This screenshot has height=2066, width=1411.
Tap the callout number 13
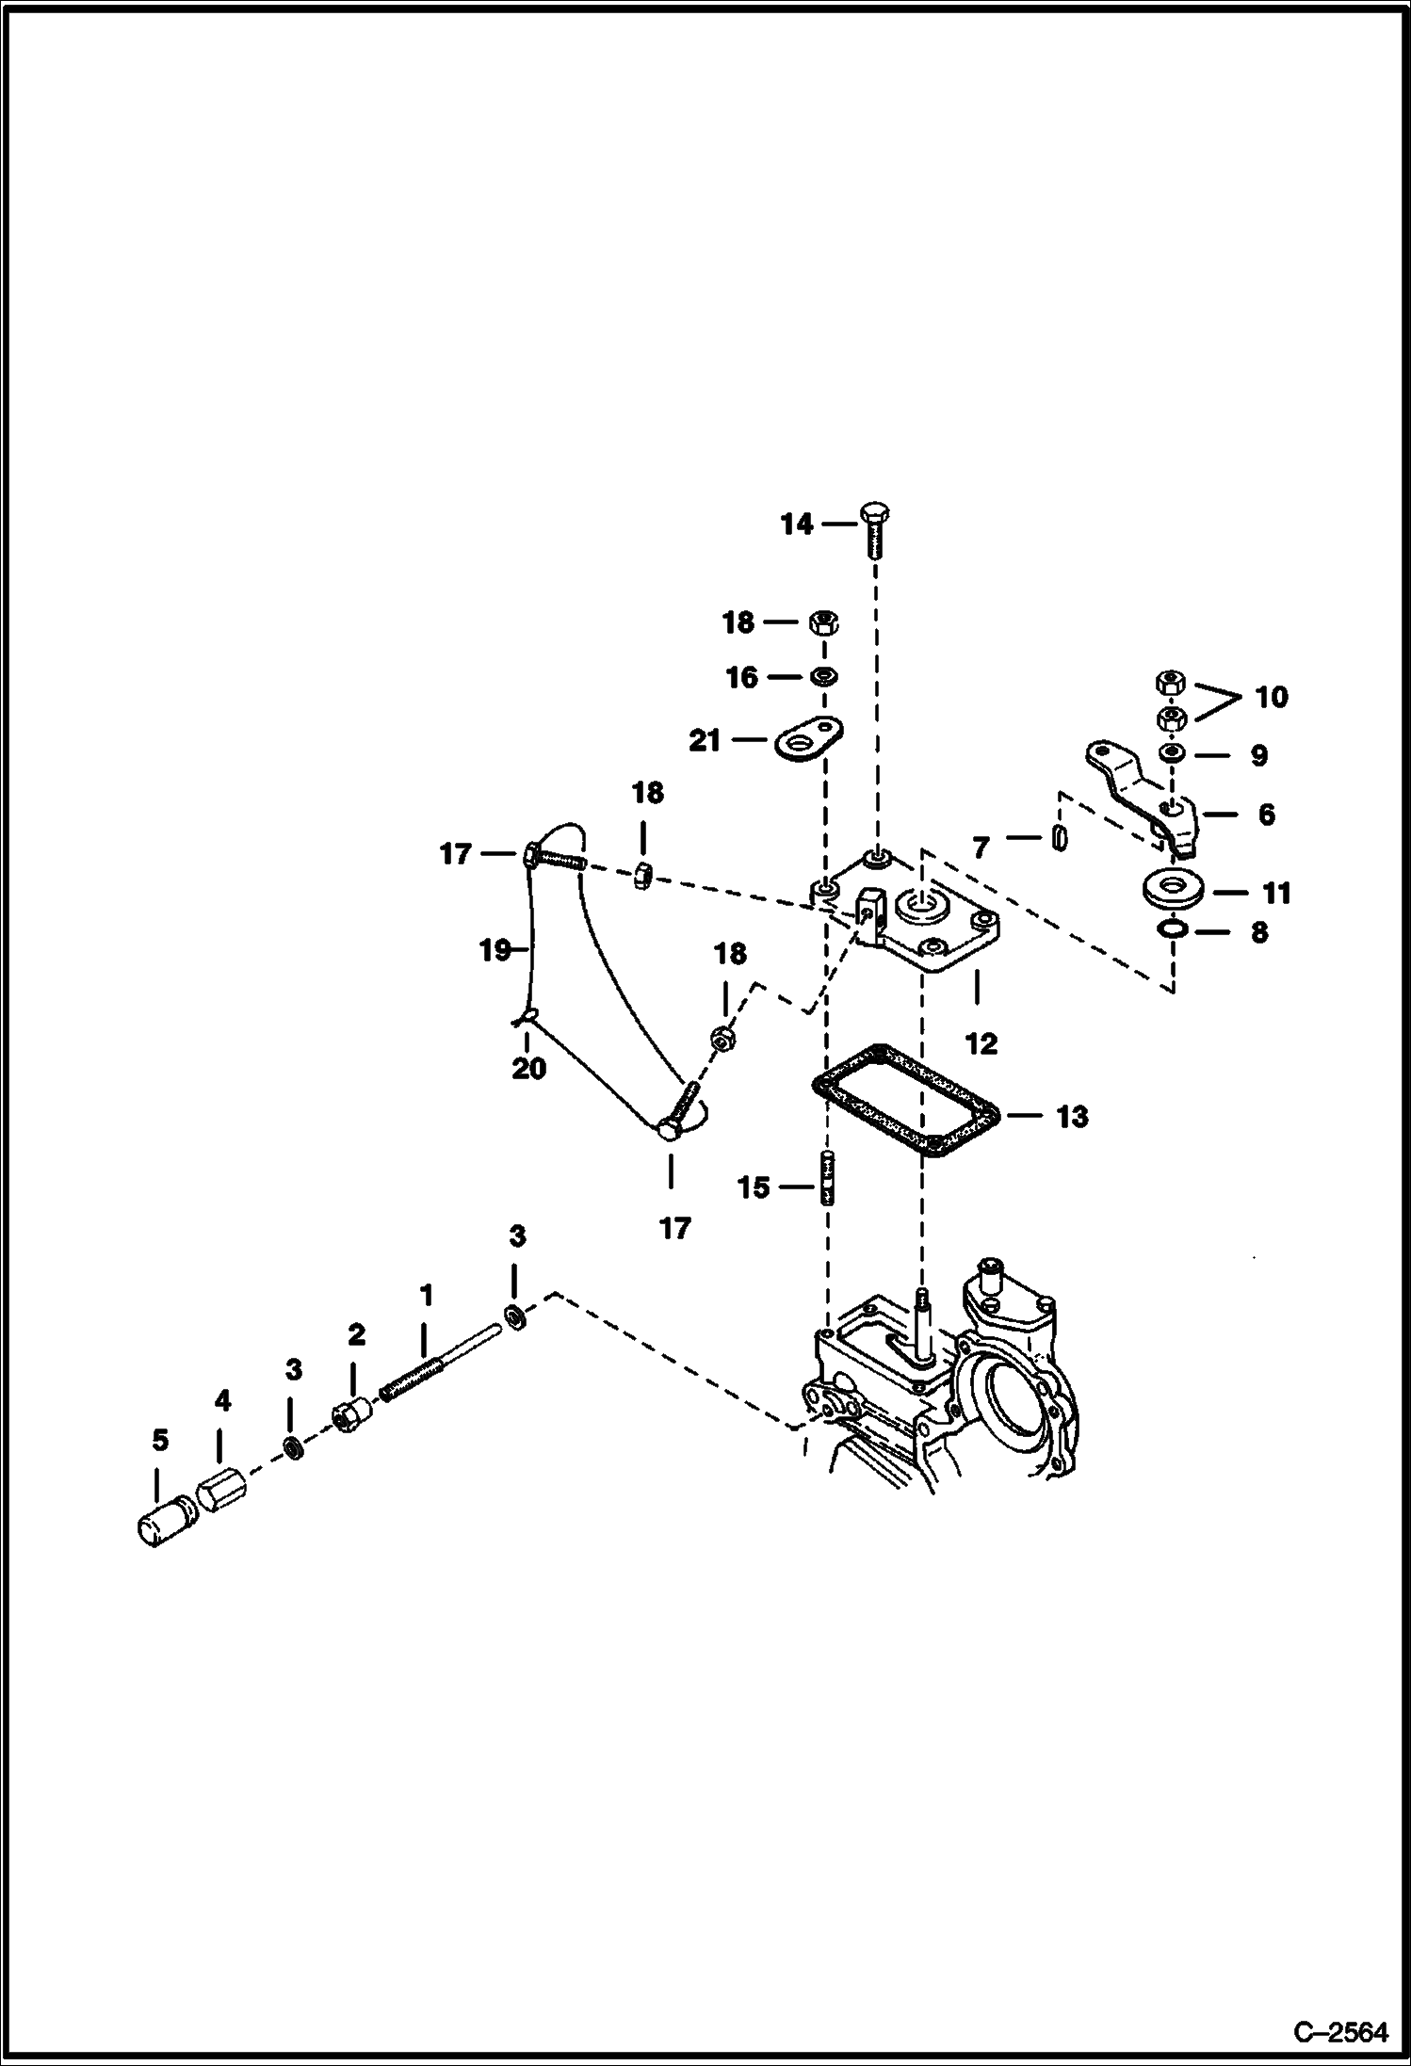click(x=1072, y=1117)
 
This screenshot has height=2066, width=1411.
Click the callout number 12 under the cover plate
click(x=981, y=1043)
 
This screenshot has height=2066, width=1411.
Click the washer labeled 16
click(x=825, y=676)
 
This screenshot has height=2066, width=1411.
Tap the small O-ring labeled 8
click(x=1173, y=930)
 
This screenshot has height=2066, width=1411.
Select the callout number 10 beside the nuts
click(x=1271, y=698)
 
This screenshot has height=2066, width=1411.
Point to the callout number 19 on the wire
click(x=495, y=950)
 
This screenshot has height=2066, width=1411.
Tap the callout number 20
click(x=528, y=1069)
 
